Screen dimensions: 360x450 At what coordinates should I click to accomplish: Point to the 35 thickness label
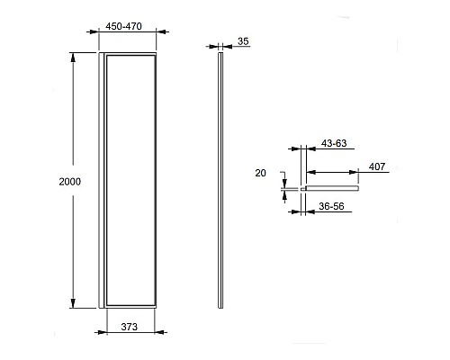tap(243, 40)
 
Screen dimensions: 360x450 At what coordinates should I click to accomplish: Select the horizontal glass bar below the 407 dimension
tap(333, 189)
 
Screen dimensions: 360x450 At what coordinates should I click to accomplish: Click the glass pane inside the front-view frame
tap(131, 180)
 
